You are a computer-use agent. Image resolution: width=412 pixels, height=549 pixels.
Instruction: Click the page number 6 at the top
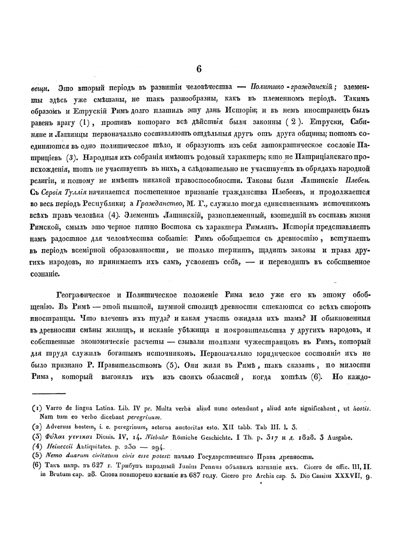pyautogui.click(x=199, y=69)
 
